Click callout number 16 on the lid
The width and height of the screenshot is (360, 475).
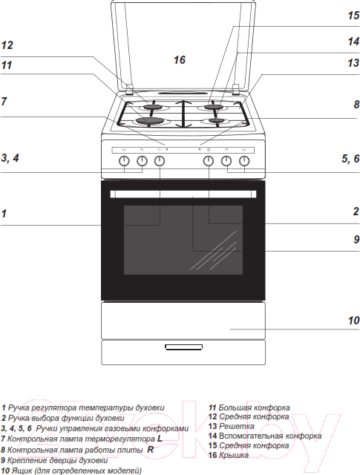point(179,59)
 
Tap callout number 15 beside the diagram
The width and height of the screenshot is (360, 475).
point(353,15)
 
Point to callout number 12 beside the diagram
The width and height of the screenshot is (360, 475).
point(7,45)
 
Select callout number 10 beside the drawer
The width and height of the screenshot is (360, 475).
point(353,320)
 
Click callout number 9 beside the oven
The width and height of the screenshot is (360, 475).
point(356,239)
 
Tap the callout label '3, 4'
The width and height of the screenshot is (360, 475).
point(10,158)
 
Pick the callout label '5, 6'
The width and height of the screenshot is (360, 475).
point(350,158)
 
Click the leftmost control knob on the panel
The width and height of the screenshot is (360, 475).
point(124,161)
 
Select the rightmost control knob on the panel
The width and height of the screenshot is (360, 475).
point(244,161)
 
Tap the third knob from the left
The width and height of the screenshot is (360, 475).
point(160,161)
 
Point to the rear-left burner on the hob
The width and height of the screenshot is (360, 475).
point(154,107)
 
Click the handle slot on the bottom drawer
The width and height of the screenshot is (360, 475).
point(183,347)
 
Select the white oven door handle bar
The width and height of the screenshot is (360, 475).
point(183,194)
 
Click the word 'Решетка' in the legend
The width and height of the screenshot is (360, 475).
point(236,426)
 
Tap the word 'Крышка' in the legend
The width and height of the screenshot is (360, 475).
point(233,455)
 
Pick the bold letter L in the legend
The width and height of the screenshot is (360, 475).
point(160,439)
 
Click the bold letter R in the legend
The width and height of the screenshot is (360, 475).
point(150,450)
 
